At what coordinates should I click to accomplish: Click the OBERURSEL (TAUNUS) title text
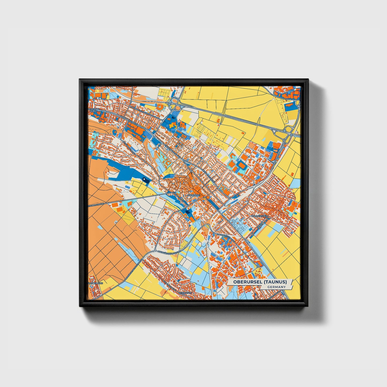point(260,282)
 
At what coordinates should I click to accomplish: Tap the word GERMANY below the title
point(276,287)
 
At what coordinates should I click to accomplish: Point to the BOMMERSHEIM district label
point(260,216)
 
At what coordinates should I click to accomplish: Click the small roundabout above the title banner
point(258,266)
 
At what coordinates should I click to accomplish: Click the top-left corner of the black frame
point(80,80)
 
